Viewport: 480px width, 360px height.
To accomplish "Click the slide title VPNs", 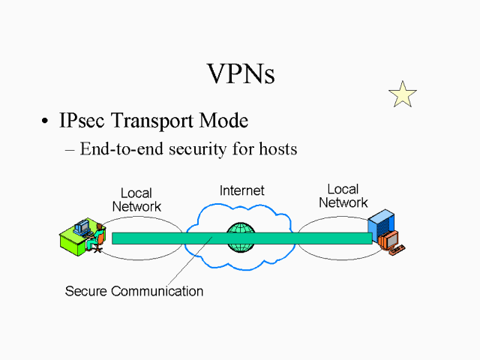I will [x=240, y=73].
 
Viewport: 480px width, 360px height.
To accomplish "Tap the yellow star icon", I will [x=403, y=94].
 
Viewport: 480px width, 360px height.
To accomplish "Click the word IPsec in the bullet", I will [x=83, y=121].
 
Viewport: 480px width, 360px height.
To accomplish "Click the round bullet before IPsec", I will [x=46, y=121].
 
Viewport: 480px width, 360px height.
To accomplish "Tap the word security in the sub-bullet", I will [x=194, y=149].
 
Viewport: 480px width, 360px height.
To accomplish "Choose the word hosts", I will [x=276, y=149].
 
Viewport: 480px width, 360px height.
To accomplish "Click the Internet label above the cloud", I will [x=241, y=190].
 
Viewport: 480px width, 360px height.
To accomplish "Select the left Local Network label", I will [x=136, y=200].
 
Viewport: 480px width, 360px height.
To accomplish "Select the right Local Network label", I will [x=343, y=196].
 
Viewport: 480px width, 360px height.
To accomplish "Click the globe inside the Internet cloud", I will [x=241, y=237].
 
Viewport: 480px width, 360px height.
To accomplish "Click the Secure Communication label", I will [x=134, y=291].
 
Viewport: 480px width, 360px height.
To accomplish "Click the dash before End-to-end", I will [x=70, y=149].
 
